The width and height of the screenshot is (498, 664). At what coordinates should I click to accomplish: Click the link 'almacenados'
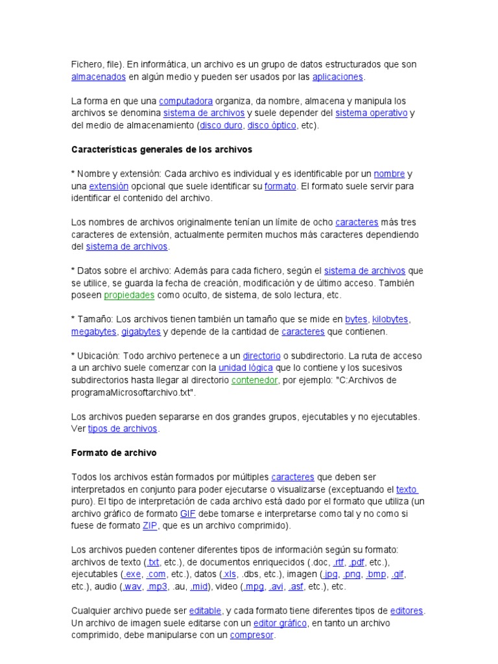point(98,77)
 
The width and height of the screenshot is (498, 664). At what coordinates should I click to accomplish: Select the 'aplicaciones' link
point(337,77)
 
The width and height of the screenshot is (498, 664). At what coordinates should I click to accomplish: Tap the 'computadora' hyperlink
point(186,101)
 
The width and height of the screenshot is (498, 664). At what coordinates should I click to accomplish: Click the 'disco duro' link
point(219,125)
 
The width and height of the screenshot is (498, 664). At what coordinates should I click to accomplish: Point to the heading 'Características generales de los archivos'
point(161,149)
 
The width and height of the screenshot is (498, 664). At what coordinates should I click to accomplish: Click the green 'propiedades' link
point(129,295)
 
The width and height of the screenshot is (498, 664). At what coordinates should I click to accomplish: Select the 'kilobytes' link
point(390,319)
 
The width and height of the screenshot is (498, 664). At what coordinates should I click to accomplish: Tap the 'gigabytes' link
point(141,331)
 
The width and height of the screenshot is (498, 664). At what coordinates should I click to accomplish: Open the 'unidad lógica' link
point(243,368)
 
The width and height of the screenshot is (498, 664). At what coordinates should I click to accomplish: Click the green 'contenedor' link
point(255,380)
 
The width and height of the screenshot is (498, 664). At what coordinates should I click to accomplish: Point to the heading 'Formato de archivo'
point(113,453)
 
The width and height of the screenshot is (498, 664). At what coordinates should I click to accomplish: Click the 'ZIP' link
point(150,526)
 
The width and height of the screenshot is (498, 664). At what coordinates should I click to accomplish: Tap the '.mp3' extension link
point(158,587)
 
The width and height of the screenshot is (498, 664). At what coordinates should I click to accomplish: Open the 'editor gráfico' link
point(279,623)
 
